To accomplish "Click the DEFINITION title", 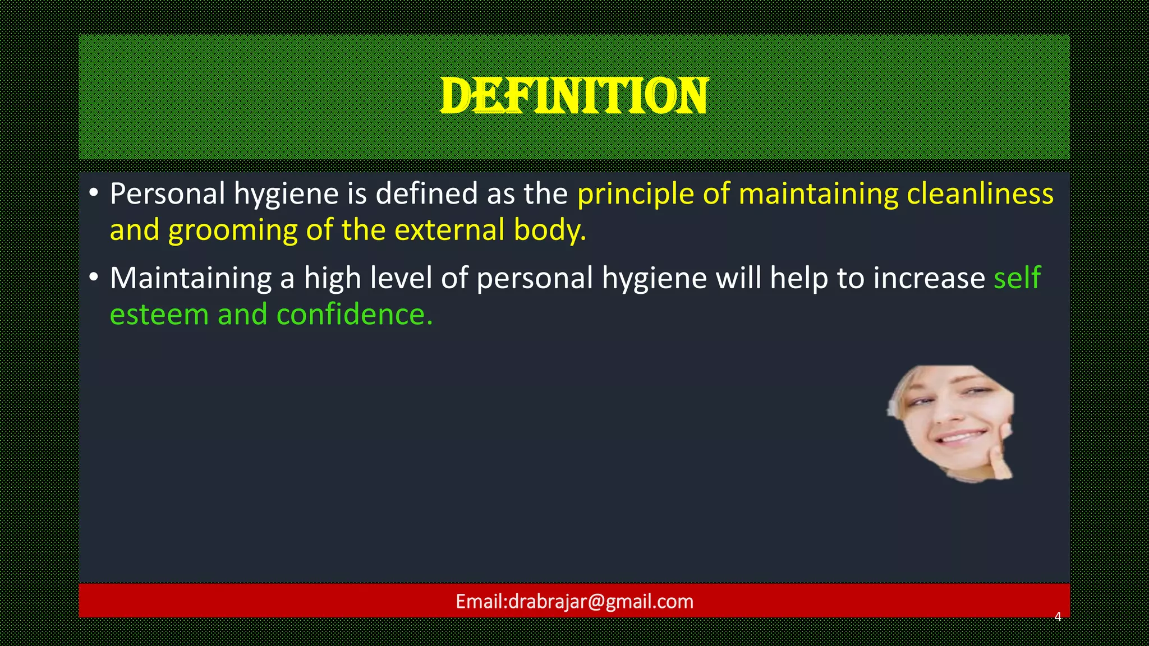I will click(574, 96).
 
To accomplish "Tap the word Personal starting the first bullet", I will click(167, 194).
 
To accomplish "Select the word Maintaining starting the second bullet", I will click(191, 278).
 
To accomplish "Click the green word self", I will click(1017, 278).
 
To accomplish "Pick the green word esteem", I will click(159, 315).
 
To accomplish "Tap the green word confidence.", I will click(355, 315).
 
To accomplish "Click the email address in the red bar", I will click(574, 602).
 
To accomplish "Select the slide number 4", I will click(1058, 617).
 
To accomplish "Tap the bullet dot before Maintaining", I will click(94, 278).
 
